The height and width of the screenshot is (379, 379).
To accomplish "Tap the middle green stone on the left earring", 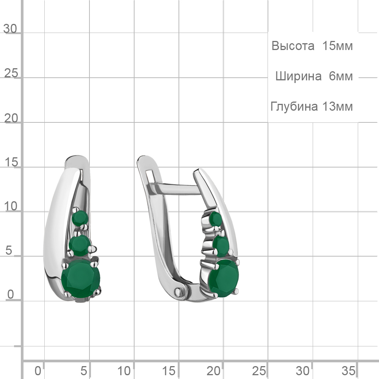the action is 80,245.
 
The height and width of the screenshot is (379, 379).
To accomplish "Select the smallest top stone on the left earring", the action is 80,218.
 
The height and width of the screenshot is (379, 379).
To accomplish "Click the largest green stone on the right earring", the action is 224,278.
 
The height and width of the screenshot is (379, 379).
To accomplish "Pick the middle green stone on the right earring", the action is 221,246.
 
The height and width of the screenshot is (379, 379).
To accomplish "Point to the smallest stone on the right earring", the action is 216,219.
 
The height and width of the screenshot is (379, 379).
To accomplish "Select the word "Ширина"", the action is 299,76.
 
